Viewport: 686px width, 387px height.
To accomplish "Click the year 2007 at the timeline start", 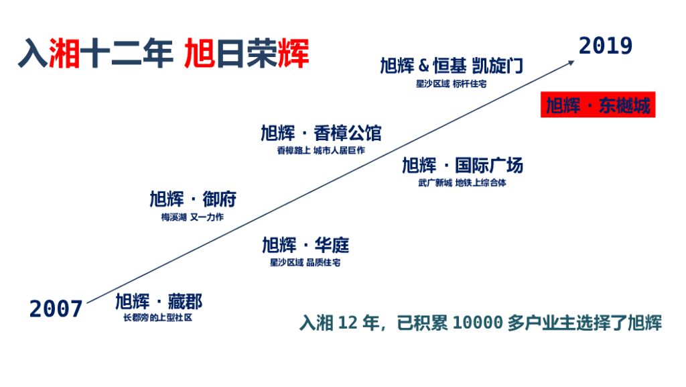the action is (56, 309).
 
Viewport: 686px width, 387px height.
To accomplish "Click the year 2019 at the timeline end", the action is (606, 46).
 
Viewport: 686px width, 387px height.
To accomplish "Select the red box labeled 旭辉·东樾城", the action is (598, 106).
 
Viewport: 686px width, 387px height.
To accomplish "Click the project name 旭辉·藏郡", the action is (158, 301).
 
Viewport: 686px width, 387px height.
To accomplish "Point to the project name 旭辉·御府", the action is (192, 199).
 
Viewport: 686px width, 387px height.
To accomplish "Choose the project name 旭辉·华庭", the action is (305, 245).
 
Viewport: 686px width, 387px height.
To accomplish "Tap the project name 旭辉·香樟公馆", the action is (321, 132).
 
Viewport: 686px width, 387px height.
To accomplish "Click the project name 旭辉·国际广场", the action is (462, 165).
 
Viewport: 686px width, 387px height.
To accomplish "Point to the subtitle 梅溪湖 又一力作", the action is (192, 217).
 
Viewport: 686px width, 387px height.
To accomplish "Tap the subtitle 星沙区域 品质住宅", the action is (305, 262).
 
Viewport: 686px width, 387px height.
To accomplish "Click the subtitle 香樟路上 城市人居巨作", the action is (321, 150).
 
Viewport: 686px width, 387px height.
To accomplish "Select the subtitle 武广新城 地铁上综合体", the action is (462, 182).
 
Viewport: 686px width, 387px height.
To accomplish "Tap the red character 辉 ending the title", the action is (293, 54).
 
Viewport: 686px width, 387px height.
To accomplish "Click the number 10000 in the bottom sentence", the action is (477, 323).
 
